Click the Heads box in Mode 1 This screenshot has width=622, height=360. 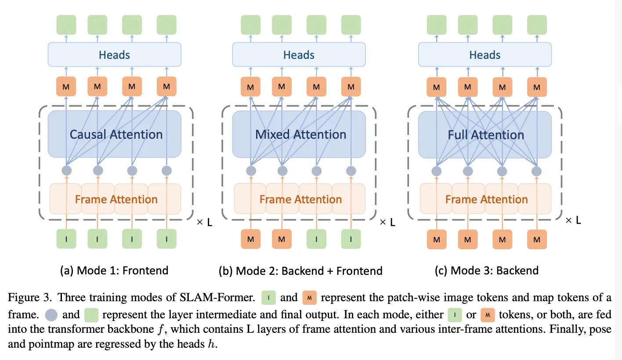tap(114, 55)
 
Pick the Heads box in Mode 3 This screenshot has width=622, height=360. tap(485, 55)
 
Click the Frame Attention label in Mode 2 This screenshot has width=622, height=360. tap(300, 199)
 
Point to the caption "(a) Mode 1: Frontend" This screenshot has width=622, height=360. tap(114, 270)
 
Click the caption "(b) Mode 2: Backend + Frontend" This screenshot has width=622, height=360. tap(300, 270)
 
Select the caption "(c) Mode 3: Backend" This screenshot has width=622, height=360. tap(486, 270)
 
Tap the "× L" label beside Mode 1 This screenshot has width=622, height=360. tap(204, 222)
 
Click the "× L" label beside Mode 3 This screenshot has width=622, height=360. tap(573, 220)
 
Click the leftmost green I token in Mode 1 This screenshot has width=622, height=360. tap(66, 240)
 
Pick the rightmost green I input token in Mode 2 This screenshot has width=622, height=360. tap(351, 240)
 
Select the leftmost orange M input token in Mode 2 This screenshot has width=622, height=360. tap(250, 240)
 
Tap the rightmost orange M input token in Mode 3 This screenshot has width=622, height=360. tap(536, 240)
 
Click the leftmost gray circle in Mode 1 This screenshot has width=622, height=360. tap(66, 170)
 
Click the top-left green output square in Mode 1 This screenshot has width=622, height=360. tap(66, 25)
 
